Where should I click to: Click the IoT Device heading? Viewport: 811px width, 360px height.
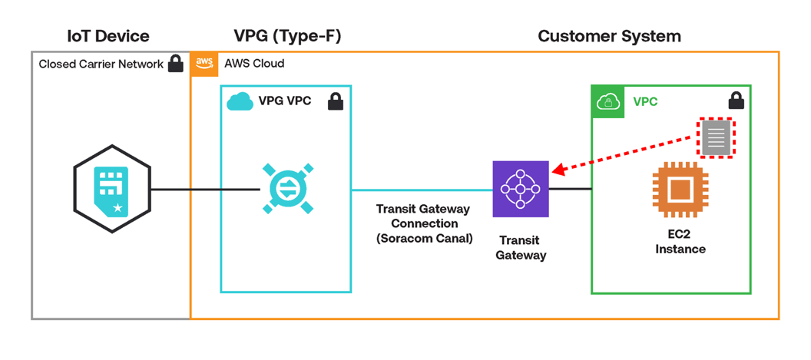pos(108,35)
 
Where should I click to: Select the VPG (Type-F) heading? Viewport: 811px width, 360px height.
pos(287,35)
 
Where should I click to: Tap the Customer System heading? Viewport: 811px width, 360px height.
pos(609,35)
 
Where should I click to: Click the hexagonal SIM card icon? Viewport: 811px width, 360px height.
pos(112,189)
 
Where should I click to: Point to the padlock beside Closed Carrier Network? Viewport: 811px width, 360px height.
pos(176,64)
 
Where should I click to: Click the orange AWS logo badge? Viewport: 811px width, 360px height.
pos(204,64)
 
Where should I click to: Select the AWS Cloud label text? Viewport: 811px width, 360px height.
pos(254,64)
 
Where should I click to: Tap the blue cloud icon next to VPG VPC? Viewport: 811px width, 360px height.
pos(240,101)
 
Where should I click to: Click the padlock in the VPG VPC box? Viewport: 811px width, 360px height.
pos(336,101)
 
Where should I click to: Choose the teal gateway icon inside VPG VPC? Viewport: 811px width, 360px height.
pos(286,189)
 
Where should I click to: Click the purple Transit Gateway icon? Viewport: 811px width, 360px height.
pos(521,189)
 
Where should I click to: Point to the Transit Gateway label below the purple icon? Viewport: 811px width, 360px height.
pos(521,247)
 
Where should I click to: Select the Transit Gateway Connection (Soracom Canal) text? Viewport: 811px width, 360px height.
pos(423,223)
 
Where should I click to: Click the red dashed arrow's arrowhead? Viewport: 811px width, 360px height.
pos(558,170)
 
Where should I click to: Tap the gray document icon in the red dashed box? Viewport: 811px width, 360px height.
pos(716,138)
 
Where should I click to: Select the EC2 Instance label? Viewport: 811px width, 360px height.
pos(680,241)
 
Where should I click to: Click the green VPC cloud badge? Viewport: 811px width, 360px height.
pos(607,102)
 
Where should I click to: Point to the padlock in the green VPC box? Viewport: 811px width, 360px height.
pos(736,101)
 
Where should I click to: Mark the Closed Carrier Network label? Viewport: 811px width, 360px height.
pos(101,64)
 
